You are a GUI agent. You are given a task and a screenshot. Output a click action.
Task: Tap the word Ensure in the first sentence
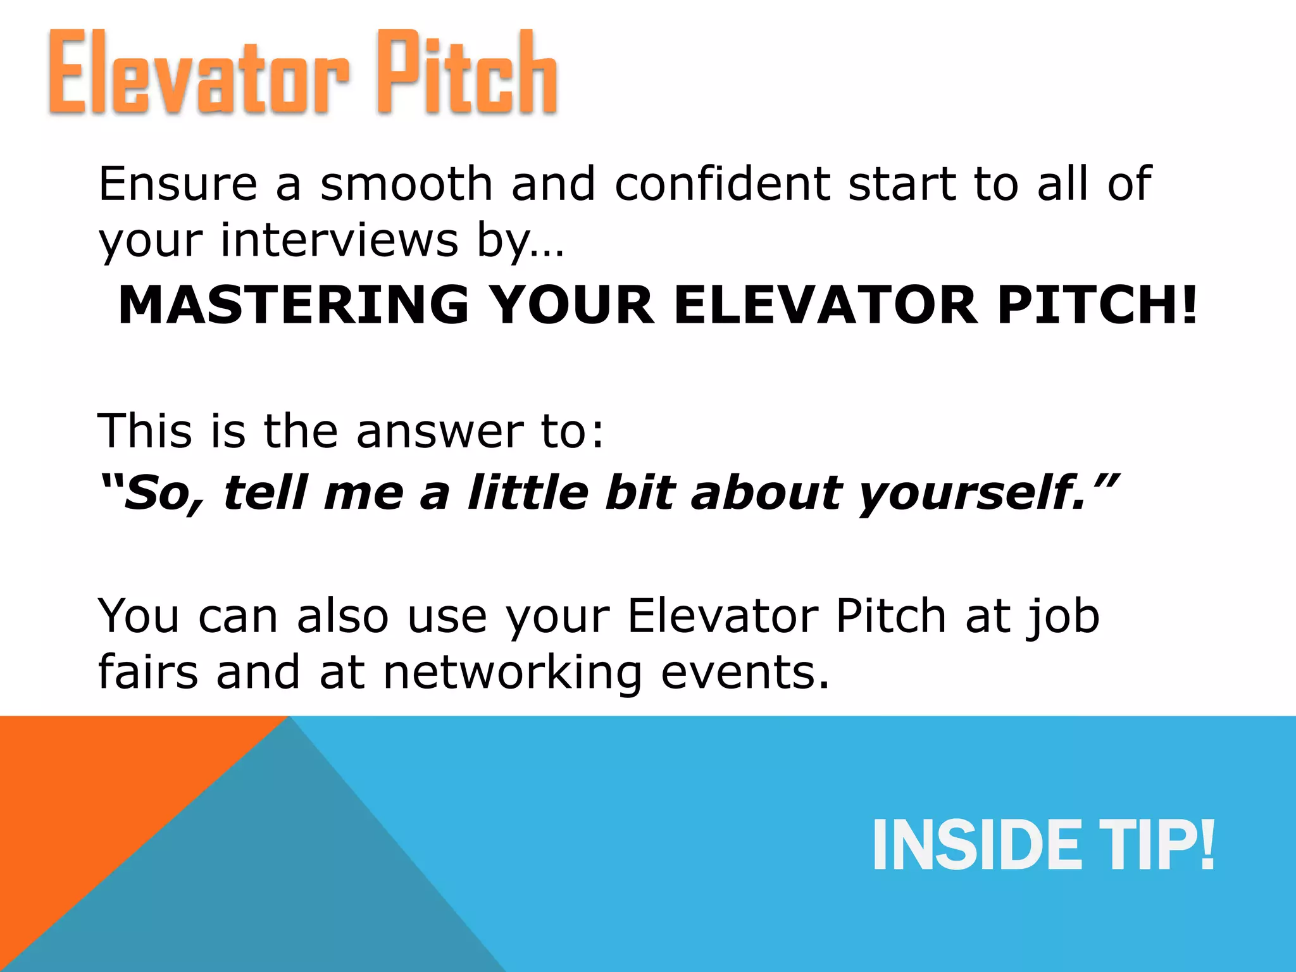178,184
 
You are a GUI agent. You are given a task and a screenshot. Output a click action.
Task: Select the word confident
722,184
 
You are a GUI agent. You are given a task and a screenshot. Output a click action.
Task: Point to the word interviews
339,241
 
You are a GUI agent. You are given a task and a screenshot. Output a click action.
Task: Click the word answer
440,432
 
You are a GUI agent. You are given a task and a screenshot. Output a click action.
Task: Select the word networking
513,673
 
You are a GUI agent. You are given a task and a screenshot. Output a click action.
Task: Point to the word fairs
147,672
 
